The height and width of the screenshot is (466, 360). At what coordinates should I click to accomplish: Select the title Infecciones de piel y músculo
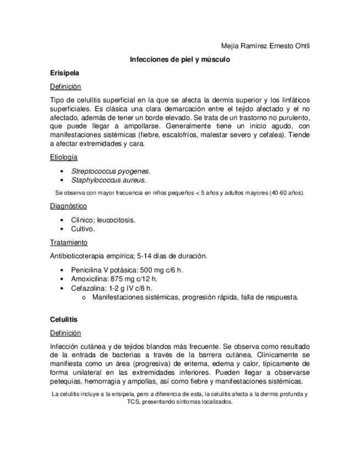179,59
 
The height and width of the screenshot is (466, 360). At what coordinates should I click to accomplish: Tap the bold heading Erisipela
64,73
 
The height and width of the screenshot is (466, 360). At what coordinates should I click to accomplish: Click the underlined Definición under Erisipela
65,86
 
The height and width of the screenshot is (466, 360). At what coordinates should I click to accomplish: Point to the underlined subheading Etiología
63,157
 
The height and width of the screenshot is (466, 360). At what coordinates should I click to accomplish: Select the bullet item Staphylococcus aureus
108,180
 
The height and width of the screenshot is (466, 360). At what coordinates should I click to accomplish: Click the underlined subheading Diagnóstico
68,206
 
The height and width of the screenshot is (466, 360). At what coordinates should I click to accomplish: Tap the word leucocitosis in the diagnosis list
116,220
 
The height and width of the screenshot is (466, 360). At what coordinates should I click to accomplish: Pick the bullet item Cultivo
83,229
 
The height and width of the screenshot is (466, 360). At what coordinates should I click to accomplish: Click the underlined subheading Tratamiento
68,242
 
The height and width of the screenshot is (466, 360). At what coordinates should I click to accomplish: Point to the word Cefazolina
89,287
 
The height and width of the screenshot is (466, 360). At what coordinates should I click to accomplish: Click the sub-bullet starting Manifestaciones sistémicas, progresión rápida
195,297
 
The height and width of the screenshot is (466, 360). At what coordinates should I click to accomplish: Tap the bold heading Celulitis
64,319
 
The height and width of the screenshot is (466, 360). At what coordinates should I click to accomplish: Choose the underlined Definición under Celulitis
65,333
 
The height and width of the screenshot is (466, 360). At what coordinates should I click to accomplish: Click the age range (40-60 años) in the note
286,193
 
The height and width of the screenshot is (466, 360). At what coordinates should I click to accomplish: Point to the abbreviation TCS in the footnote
134,402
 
